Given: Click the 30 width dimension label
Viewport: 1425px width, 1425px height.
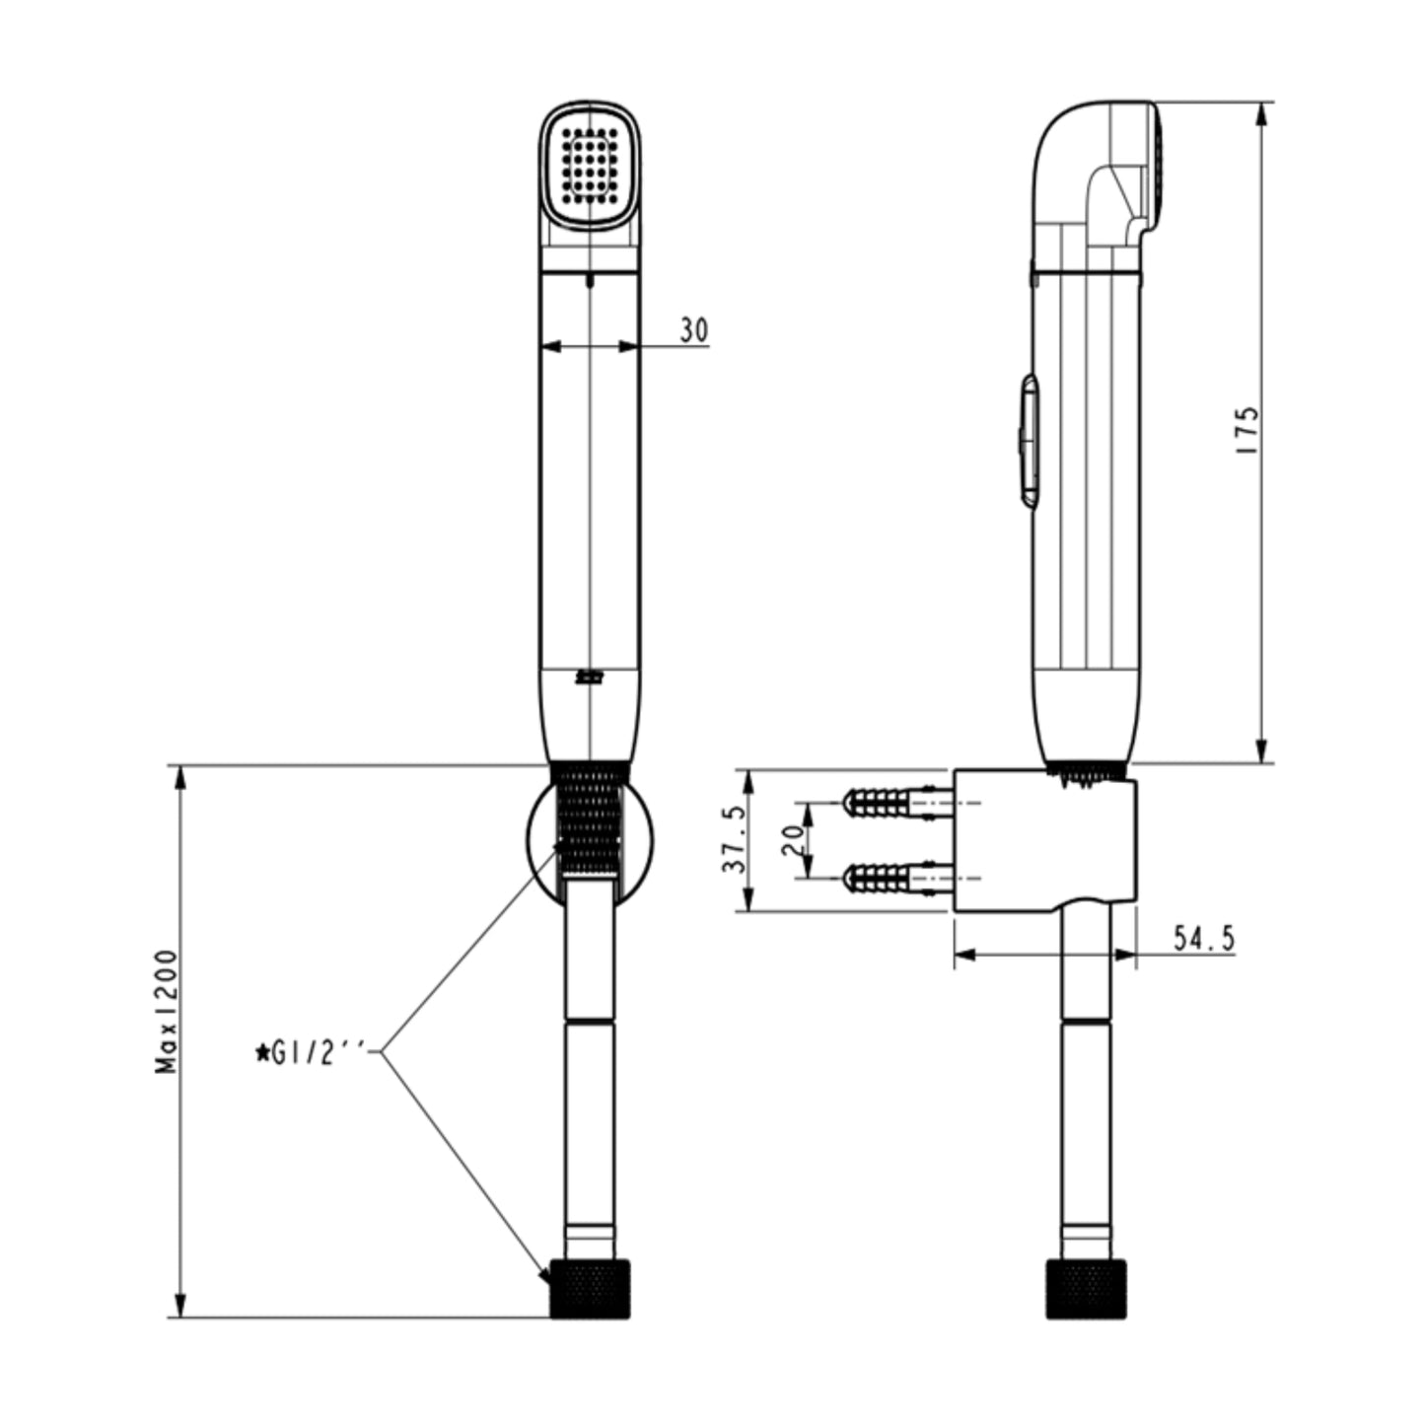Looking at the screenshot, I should (x=693, y=331).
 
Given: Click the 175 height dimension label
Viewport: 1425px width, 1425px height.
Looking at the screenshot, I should (x=1247, y=430).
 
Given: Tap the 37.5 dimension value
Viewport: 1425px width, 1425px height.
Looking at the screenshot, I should (x=733, y=841).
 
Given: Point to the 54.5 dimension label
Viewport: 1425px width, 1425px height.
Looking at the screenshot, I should (x=1203, y=939).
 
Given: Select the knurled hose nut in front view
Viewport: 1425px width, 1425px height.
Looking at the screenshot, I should (x=589, y=1288).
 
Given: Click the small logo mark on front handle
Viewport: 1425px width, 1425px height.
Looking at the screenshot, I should (x=589, y=677).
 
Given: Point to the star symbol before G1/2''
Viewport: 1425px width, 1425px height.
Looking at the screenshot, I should (x=262, y=1053).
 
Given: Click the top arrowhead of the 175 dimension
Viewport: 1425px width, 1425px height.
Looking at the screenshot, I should (x=1261, y=113).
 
